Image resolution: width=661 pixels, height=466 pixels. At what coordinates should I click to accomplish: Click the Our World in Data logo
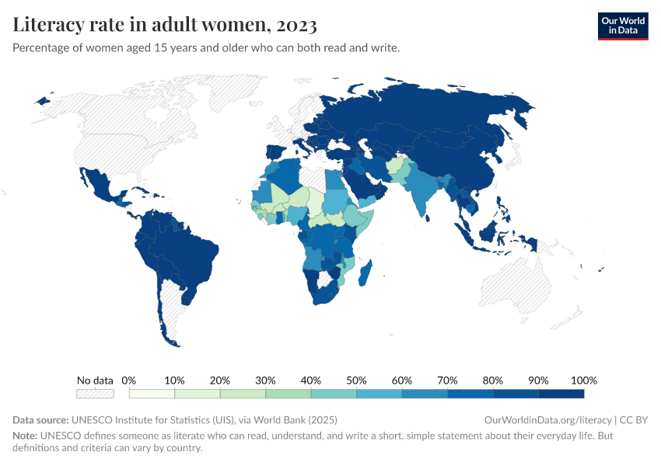(x=622, y=26)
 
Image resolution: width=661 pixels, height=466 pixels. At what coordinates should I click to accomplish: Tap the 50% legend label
(x=356, y=381)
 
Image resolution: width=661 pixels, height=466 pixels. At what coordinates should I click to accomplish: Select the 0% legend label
(x=129, y=381)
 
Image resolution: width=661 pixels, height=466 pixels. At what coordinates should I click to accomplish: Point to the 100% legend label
(x=583, y=381)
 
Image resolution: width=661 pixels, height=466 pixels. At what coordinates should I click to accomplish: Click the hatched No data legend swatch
(x=95, y=394)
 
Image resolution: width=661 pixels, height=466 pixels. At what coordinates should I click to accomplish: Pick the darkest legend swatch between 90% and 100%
(x=561, y=394)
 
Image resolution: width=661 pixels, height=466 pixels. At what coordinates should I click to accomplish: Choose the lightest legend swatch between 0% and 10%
(x=152, y=394)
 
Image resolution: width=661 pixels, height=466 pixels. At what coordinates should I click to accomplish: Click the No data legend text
(x=95, y=381)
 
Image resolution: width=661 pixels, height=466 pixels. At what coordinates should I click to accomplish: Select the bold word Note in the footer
(x=26, y=436)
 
